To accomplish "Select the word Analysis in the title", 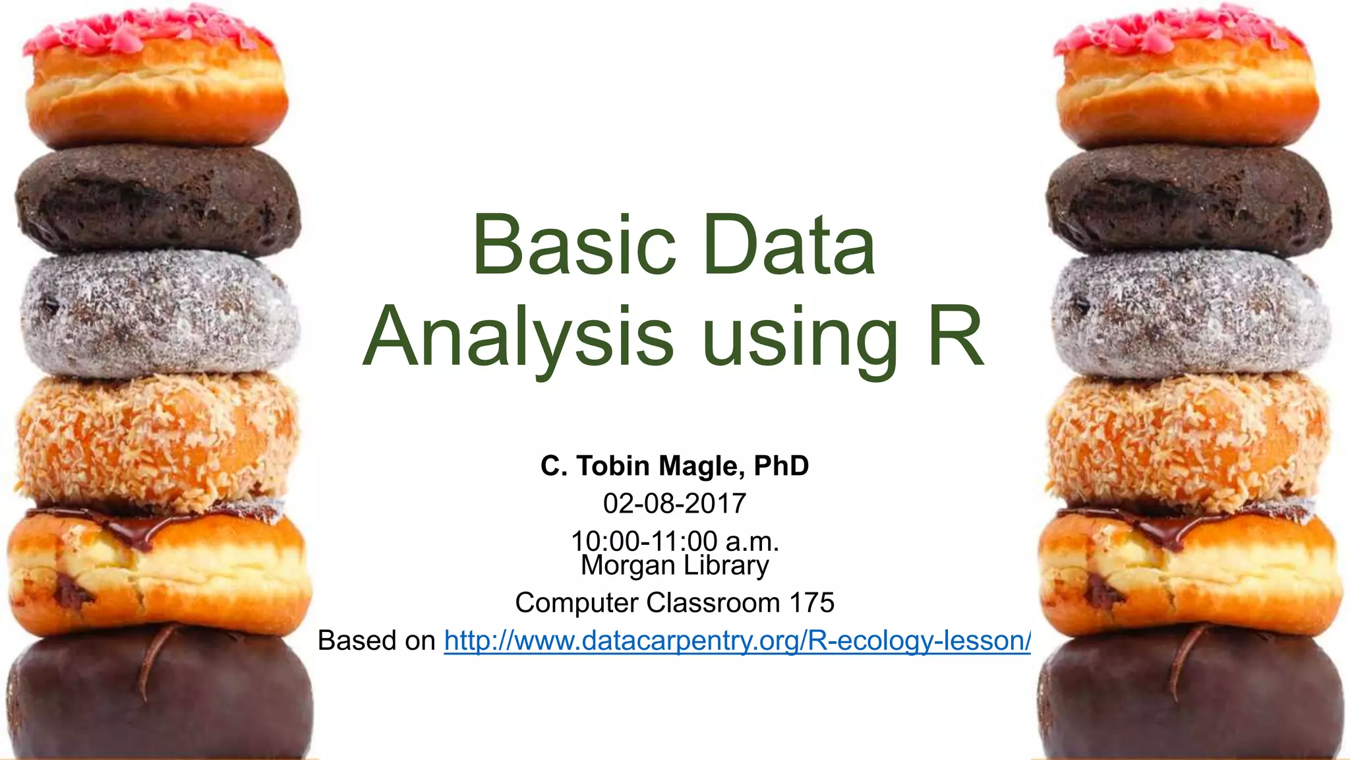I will (x=518, y=338).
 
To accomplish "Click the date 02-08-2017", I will (x=674, y=504).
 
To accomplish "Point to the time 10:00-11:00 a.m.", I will (x=674, y=541).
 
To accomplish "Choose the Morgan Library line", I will (x=674, y=565).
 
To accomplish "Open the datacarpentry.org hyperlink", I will (x=737, y=641).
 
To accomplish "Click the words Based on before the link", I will (x=376, y=641).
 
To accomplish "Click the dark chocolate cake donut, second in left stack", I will (x=158, y=201).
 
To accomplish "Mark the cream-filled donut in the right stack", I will (x=1190, y=571).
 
